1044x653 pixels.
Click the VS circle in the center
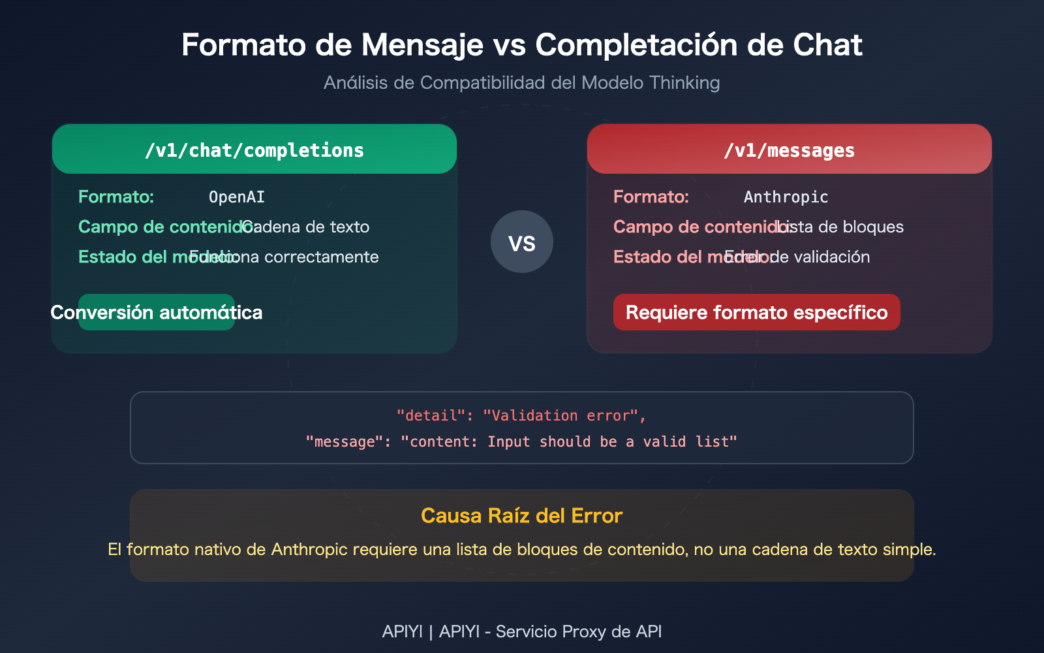pyautogui.click(x=522, y=242)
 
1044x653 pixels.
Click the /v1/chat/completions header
pyautogui.click(x=254, y=150)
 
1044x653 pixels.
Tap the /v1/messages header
pyautogui.click(x=789, y=150)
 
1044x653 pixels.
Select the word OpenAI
pyautogui.click(x=237, y=197)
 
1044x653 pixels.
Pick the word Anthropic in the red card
pyautogui.click(x=786, y=197)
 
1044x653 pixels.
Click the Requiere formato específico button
pyautogui.click(x=756, y=312)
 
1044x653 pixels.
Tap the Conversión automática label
pyautogui.click(x=157, y=312)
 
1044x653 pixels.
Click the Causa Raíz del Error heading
pyautogui.click(x=522, y=516)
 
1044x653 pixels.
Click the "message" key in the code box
pyautogui.click(x=345, y=442)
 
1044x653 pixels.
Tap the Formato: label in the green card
pyautogui.click(x=116, y=197)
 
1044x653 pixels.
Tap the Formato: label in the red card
pyautogui.click(x=651, y=197)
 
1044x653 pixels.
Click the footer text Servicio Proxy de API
pyautogui.click(x=578, y=631)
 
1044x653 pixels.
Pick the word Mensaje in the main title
pyautogui.click(x=423, y=46)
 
